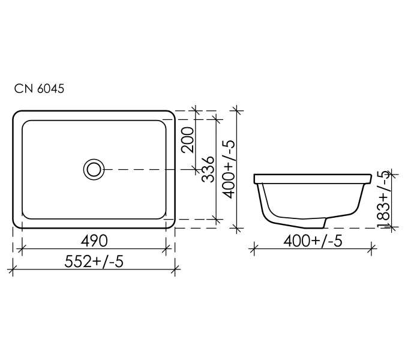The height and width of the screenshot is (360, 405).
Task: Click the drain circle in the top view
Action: [94, 169]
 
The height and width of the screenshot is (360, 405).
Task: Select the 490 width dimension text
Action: [94, 241]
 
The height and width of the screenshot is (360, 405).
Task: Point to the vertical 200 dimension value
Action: [187, 140]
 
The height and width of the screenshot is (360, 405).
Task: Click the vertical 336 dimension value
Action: [207, 170]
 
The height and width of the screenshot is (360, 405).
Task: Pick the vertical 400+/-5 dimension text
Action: [228, 170]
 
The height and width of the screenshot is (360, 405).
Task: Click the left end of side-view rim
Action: [256, 179]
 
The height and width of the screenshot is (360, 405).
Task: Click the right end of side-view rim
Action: [370, 179]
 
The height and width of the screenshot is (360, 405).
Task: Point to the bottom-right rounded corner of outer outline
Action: [171, 224]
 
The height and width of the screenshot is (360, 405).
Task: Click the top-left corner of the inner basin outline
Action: [26, 123]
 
